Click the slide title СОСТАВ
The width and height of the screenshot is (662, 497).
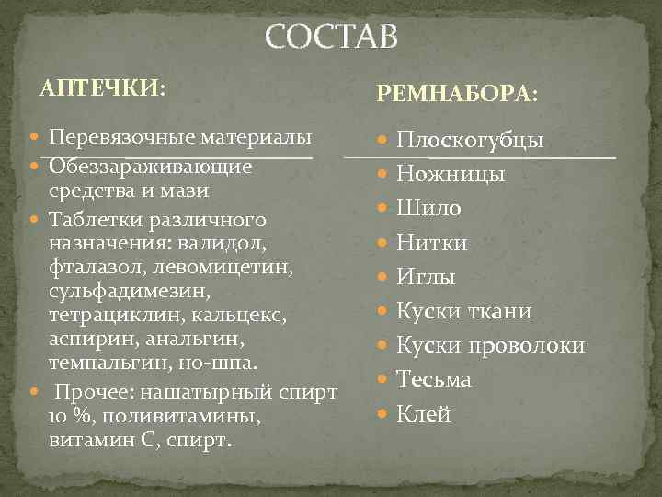[332, 37]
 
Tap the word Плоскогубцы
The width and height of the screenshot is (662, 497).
[470, 141]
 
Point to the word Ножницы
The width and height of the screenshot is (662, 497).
[451, 175]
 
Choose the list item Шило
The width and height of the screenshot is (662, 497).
[429, 209]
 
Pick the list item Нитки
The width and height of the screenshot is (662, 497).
[432, 243]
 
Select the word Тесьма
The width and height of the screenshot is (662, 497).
[434, 379]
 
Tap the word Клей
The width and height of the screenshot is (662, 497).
[424, 414]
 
